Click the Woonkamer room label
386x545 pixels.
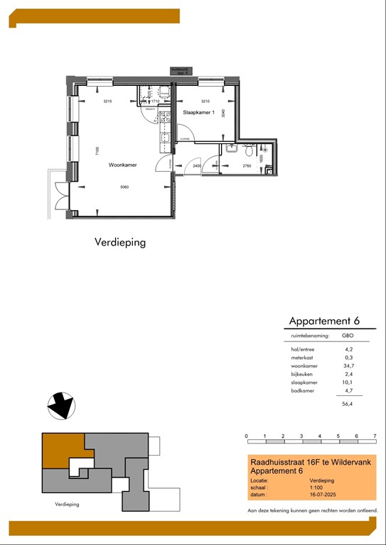pos(122,165)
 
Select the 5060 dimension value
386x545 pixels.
pos(124,187)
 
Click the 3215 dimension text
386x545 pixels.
pos(108,101)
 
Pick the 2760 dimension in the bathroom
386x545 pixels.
pos(247,165)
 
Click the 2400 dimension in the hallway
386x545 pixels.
pos(197,165)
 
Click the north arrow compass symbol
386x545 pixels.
pos(60,405)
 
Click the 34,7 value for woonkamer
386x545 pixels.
pos(348,366)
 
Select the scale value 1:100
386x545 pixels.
pos(307,488)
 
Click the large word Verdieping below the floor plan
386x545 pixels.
pos(120,242)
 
